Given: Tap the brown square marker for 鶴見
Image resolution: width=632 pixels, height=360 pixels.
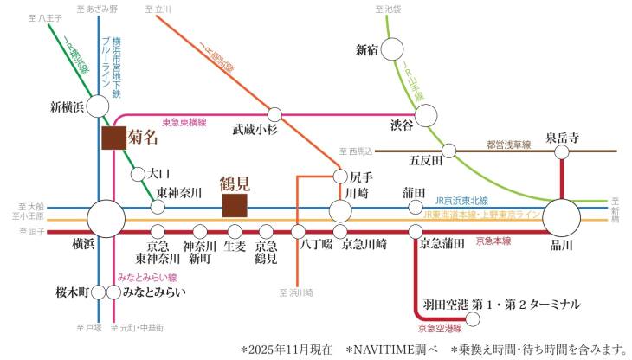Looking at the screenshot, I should [x=235, y=206].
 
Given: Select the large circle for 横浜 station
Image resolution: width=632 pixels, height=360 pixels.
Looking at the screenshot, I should [x=106, y=216].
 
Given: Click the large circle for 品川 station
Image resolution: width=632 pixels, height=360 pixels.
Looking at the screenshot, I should [x=560, y=215].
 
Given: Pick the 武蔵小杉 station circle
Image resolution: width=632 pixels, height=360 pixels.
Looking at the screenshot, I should [x=275, y=114].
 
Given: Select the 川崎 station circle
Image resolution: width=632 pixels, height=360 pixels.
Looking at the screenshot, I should [x=340, y=210].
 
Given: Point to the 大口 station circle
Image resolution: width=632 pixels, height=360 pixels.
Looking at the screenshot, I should [x=137, y=174].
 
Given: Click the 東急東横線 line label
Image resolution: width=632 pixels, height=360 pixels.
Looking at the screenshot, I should [x=184, y=123].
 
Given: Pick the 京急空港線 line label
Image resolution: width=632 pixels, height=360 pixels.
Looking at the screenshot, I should [x=439, y=329].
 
